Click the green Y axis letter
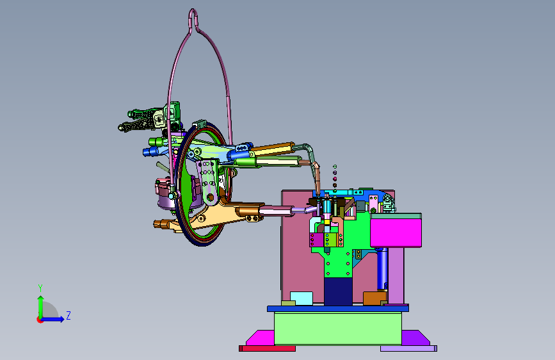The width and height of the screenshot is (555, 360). pyautogui.click(x=40, y=288)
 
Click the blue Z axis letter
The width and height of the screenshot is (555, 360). pyautogui.click(x=68, y=315)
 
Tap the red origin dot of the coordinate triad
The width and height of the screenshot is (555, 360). pyautogui.click(x=40, y=320)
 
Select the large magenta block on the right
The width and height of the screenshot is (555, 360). pyautogui.click(x=396, y=233)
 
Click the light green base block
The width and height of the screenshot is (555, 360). pyautogui.click(x=337, y=329)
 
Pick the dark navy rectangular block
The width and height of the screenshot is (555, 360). pyautogui.click(x=338, y=291)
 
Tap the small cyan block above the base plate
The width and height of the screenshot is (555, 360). pyautogui.click(x=302, y=299)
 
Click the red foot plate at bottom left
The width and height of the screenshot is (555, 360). pyautogui.click(x=267, y=348)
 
